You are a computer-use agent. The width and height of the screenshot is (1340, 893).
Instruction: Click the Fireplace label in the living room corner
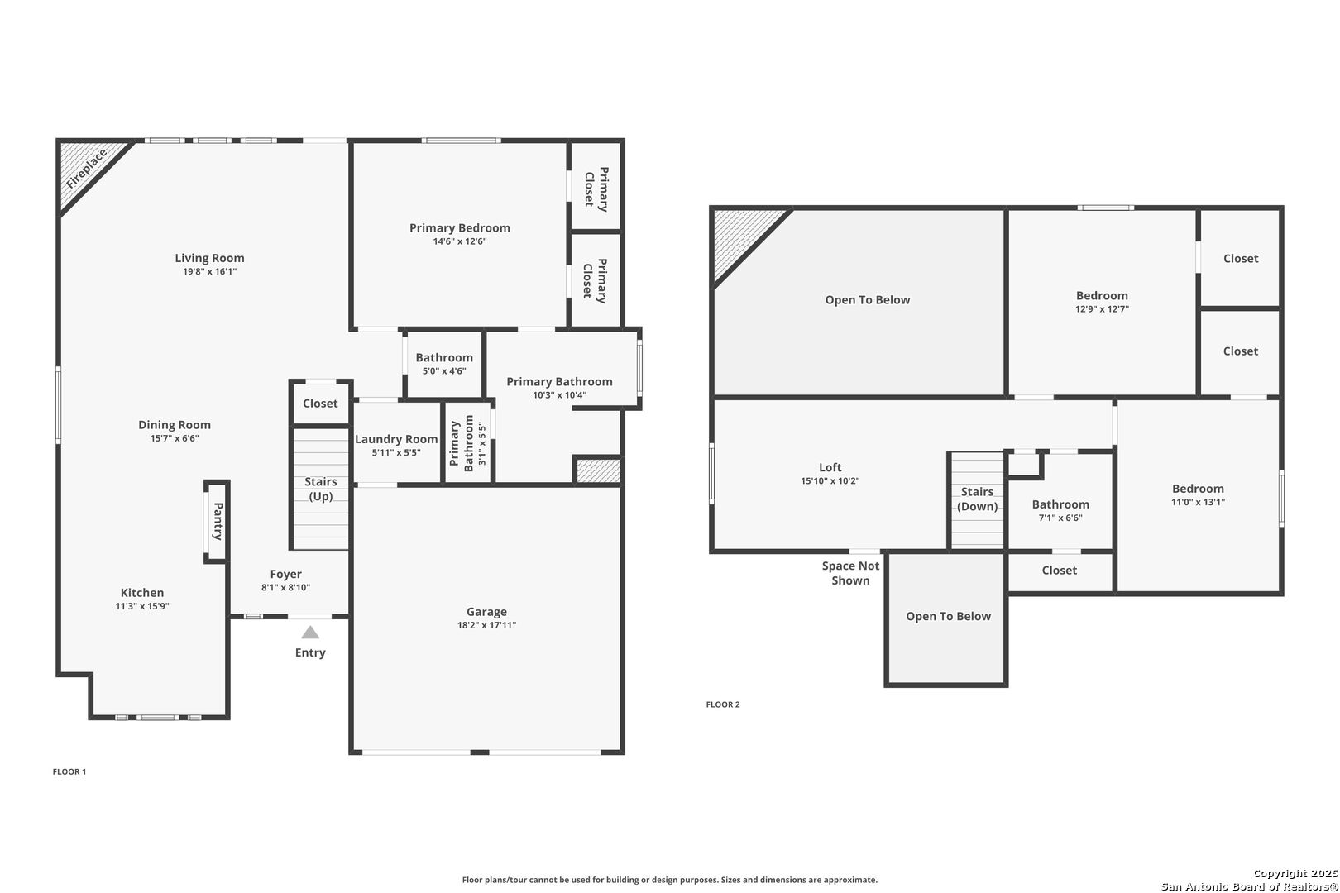(87, 169)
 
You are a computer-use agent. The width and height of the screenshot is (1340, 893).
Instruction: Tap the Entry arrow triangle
(310, 633)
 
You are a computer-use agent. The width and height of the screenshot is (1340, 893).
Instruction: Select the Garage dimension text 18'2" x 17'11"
(486, 625)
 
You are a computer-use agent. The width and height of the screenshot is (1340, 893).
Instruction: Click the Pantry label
(218, 521)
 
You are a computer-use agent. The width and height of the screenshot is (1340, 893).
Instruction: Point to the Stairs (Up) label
(321, 489)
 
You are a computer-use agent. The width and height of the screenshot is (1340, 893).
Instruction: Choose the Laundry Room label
(396, 439)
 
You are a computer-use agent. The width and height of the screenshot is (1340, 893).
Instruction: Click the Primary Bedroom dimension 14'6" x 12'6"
(459, 241)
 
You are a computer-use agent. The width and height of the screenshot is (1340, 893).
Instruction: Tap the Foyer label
(286, 574)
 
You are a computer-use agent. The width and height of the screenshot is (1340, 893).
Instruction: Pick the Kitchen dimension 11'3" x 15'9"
(142, 606)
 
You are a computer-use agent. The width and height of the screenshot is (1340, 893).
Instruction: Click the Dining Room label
(175, 425)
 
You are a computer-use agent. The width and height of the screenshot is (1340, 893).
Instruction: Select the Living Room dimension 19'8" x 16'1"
(209, 271)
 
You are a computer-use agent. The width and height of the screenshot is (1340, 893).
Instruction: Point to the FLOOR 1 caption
(69, 771)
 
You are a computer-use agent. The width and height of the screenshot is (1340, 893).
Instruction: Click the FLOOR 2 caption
(723, 704)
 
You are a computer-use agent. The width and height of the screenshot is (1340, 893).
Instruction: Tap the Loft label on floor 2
(830, 467)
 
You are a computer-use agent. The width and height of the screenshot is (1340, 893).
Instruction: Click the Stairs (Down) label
(978, 499)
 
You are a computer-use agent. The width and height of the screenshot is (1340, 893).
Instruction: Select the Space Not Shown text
(850, 573)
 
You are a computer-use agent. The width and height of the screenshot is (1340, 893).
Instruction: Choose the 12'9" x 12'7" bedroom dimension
(1102, 309)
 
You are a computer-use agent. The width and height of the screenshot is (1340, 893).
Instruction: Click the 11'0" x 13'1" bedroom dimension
(1198, 503)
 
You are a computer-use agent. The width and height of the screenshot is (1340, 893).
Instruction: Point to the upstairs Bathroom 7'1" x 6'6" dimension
(1060, 518)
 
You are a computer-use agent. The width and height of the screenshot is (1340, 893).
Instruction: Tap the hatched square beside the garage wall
(598, 470)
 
